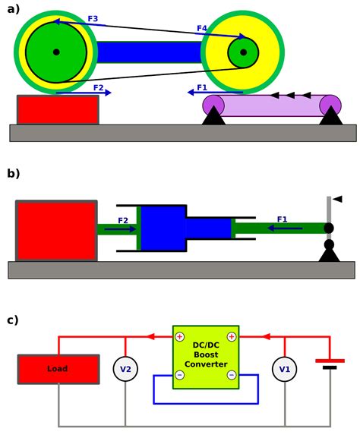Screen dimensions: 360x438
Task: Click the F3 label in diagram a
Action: (93, 19)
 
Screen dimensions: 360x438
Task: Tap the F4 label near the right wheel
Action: (202, 28)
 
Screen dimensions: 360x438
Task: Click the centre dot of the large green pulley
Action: (56, 52)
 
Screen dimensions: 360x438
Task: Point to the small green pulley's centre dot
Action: (243, 52)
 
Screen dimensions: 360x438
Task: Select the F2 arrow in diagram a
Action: (84, 93)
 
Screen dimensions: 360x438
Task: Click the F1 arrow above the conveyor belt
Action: (215, 92)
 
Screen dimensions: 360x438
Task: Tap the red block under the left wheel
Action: (58, 110)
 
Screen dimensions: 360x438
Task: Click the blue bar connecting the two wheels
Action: (149, 52)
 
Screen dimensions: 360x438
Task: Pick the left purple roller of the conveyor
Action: (213, 106)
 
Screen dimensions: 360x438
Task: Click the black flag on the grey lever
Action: (338, 199)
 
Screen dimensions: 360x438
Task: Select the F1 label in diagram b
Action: (282, 219)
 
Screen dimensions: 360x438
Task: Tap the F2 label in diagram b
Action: (123, 221)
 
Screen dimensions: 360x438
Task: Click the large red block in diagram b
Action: (56, 231)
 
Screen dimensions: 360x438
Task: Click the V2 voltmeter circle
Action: (125, 369)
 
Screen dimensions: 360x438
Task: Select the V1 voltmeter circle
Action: (285, 369)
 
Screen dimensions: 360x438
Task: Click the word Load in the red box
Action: (57, 369)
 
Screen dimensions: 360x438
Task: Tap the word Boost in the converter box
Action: (206, 354)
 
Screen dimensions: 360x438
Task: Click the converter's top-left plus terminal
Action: (180, 337)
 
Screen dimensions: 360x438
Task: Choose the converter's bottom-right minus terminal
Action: (232, 374)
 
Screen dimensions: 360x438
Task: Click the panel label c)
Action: (13, 320)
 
